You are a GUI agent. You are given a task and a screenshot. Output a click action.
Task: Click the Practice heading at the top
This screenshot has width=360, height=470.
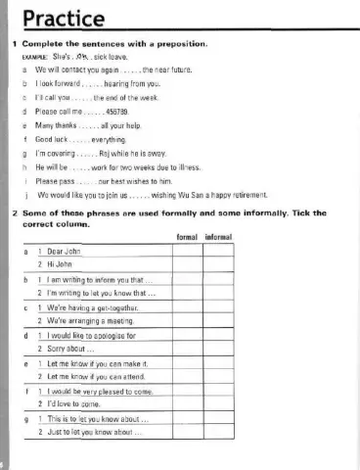point(63,19)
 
